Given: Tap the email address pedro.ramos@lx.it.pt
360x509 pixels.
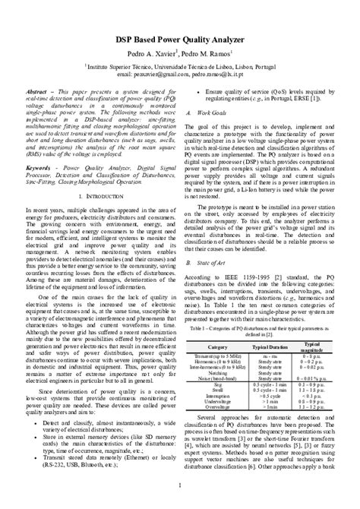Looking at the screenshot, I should pyautogui.click(x=225, y=75).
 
